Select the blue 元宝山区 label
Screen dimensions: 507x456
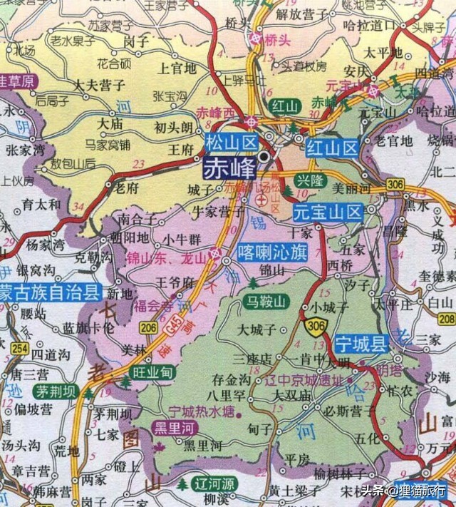point(328,212)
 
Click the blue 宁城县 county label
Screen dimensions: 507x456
point(361,344)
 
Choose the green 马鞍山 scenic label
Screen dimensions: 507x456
point(265,301)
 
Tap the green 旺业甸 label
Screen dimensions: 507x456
point(153,372)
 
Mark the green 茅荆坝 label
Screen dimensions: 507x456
point(53,391)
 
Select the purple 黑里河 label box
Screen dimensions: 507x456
point(176,428)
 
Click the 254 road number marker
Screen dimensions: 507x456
point(20,349)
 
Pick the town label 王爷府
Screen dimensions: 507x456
point(175,283)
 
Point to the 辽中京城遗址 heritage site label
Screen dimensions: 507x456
point(309,380)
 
